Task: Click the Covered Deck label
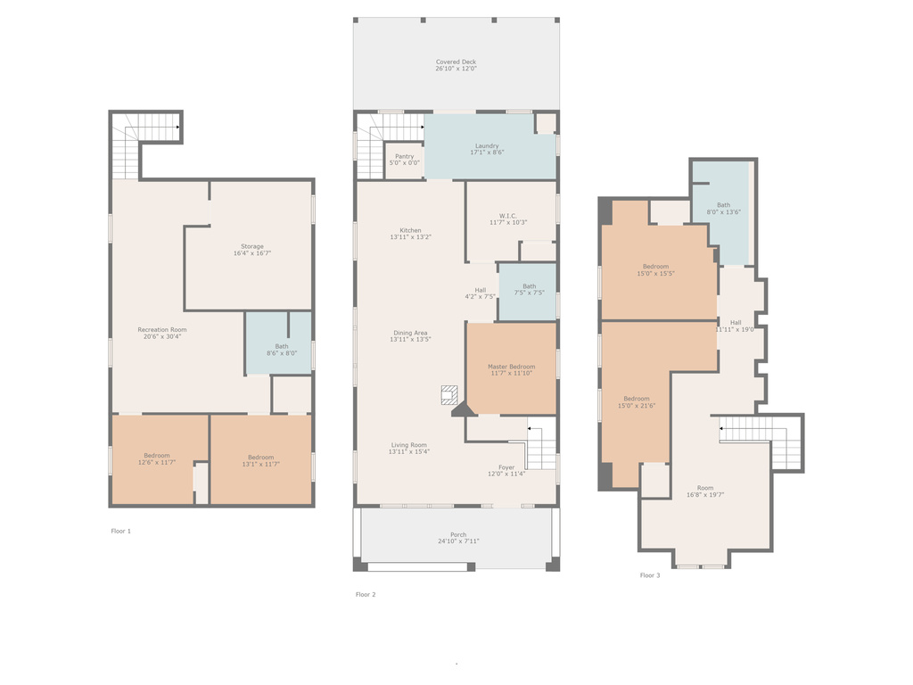(456, 62)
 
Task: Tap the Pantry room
(404, 161)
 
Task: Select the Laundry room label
(487, 145)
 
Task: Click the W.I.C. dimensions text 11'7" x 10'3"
(508, 222)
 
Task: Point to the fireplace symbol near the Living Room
(449, 395)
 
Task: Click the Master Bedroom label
(511, 367)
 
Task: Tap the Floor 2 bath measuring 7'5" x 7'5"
(528, 292)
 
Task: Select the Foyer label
(506, 467)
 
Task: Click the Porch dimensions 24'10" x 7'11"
(458, 541)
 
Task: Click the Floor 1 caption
(121, 532)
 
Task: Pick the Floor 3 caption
(650, 575)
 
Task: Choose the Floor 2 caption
(366, 595)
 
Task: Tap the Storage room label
(252, 246)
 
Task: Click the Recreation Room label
(162, 330)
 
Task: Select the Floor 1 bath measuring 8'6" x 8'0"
(278, 343)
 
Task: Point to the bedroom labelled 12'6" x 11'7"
(153, 459)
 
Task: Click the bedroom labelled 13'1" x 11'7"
(261, 459)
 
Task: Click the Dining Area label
(410, 334)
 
